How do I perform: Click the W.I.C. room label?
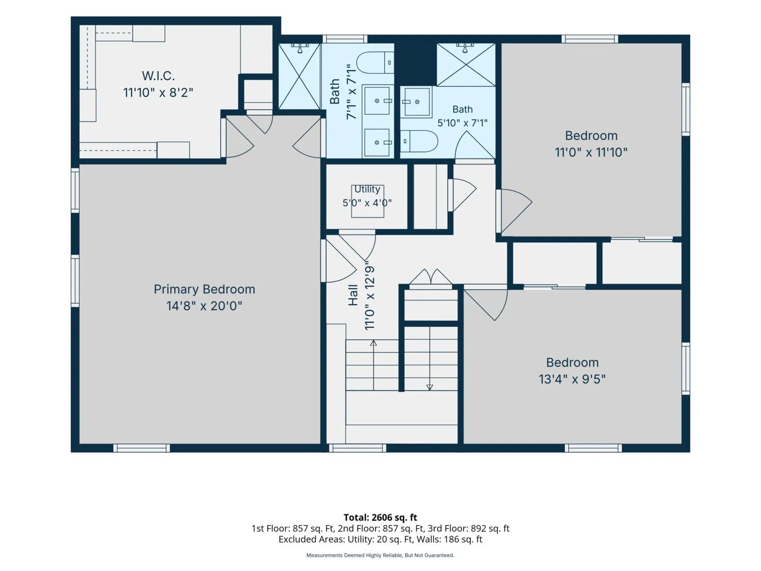(x=158, y=76)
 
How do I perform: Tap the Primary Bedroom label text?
(x=204, y=289)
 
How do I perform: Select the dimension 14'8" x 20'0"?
(x=204, y=306)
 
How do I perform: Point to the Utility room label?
(x=367, y=189)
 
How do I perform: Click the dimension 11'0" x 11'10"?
(x=591, y=152)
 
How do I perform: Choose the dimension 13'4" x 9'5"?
(x=572, y=379)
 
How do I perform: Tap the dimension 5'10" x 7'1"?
(x=462, y=123)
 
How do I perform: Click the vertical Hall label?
(x=353, y=296)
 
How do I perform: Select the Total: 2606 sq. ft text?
(x=380, y=518)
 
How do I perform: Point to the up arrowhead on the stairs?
(x=374, y=343)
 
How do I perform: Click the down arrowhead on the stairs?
(x=430, y=387)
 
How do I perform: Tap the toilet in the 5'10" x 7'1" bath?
(x=419, y=141)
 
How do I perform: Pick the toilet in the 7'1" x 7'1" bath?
(x=375, y=62)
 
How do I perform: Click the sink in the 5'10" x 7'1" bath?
(x=416, y=102)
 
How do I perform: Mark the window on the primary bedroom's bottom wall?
(x=142, y=448)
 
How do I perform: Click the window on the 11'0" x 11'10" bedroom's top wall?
(x=590, y=39)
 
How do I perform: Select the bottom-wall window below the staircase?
(x=357, y=448)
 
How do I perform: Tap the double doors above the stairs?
(x=431, y=278)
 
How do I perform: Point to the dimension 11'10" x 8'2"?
(x=158, y=93)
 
